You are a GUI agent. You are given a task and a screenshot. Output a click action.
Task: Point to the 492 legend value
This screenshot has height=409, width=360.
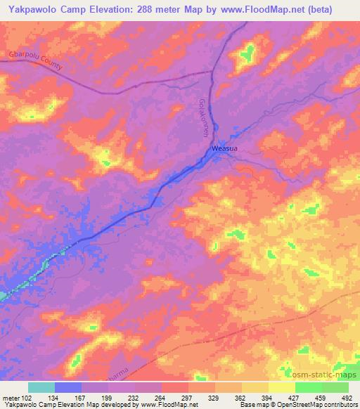pyautogui.click(x=347, y=397)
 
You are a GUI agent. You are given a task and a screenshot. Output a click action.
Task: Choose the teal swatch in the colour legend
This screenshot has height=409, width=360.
pyautogui.click(x=41, y=387)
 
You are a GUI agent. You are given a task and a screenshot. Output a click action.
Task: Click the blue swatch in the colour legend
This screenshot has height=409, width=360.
pyautogui.click(x=68, y=387)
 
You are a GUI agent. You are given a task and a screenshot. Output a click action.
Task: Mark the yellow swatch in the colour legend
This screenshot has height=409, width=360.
pyautogui.click(x=282, y=387)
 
